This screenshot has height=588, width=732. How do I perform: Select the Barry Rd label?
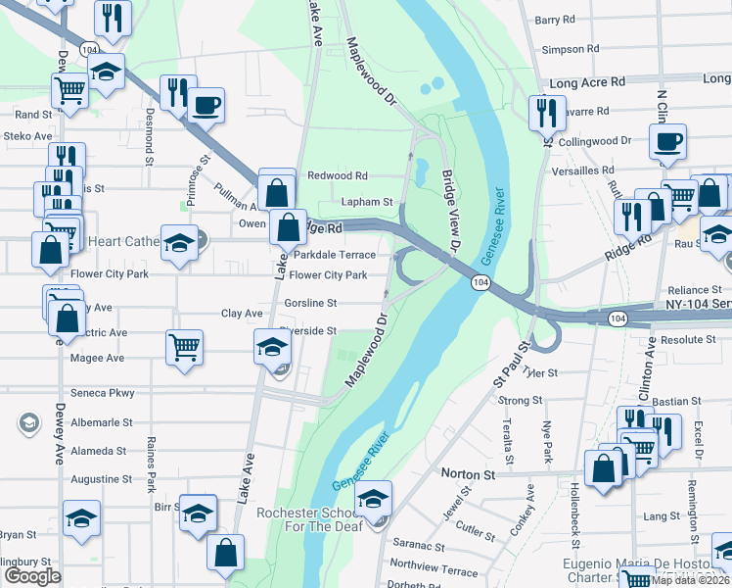[555, 20]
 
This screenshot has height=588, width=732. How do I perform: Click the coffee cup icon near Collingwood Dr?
[669, 140]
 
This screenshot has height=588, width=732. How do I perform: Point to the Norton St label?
[468, 474]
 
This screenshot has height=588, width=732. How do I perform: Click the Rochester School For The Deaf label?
[312, 521]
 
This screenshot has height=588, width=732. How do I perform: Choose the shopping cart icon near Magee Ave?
[185, 347]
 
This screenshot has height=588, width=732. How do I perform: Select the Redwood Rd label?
[338, 175]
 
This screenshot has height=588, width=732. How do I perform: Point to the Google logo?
[32, 576]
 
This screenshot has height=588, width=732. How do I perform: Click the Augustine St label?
[101, 479]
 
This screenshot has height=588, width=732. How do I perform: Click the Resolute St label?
[688, 340]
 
